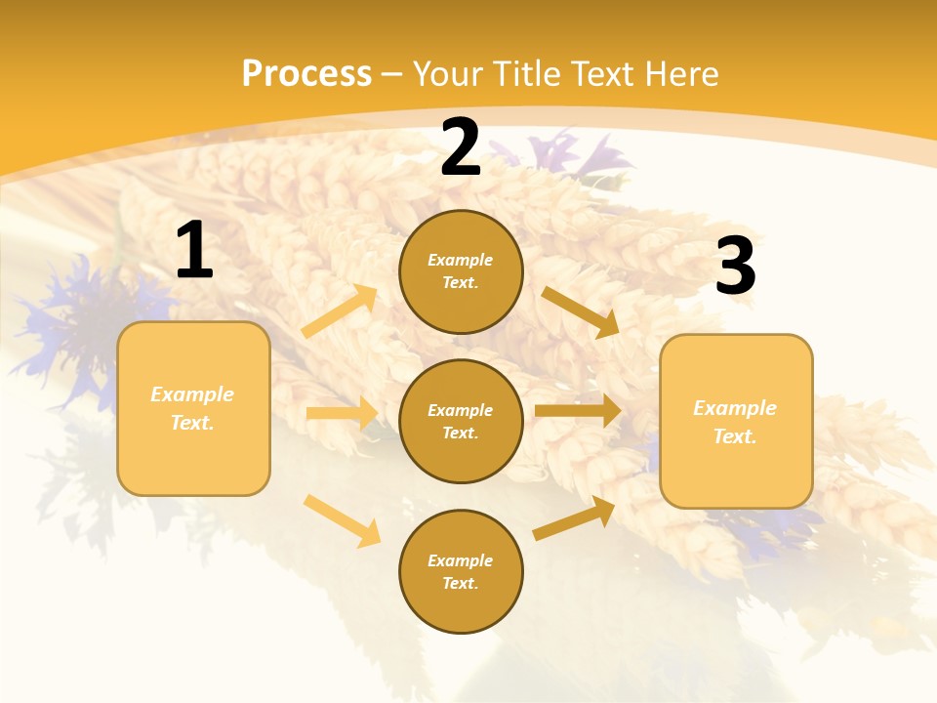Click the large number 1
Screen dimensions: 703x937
[194, 251]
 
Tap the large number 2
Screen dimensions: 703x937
[461, 148]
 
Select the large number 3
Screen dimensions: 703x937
[735, 266]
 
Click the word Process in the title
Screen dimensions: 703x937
[306, 73]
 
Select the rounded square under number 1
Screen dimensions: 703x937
[193, 408]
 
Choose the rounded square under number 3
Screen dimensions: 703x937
[736, 422]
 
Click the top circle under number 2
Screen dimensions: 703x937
[461, 271]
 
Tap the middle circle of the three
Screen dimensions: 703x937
[461, 421]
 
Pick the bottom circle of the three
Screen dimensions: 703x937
[461, 571]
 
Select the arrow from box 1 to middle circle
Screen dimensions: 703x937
[342, 413]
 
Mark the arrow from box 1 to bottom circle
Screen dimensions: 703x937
[343, 519]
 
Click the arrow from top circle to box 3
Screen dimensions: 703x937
[581, 311]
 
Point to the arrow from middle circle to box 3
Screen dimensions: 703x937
[578, 410]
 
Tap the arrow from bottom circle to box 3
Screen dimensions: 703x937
[575, 517]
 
